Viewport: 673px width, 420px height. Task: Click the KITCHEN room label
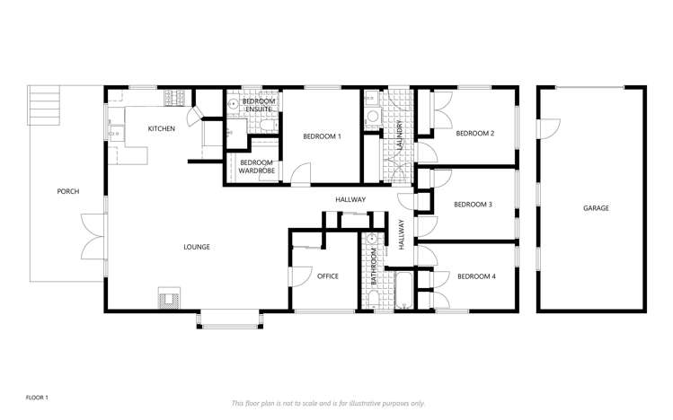(x=162, y=129)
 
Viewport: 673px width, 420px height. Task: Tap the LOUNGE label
(x=197, y=247)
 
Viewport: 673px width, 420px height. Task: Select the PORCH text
(x=67, y=191)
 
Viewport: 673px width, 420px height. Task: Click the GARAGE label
(x=596, y=208)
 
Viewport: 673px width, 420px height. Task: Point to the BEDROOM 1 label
(x=322, y=136)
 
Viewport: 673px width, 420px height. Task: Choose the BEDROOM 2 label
(x=474, y=133)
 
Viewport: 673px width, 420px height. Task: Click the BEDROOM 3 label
(x=473, y=205)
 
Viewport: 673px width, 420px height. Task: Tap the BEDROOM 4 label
(x=475, y=276)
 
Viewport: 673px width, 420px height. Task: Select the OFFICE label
(x=328, y=276)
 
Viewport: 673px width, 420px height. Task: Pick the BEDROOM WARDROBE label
(x=256, y=166)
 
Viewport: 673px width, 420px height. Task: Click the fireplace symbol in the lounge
(x=168, y=296)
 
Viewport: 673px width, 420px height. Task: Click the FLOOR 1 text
(x=38, y=397)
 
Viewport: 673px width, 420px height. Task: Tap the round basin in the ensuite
(x=232, y=104)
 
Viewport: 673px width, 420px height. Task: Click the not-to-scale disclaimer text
(x=329, y=404)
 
